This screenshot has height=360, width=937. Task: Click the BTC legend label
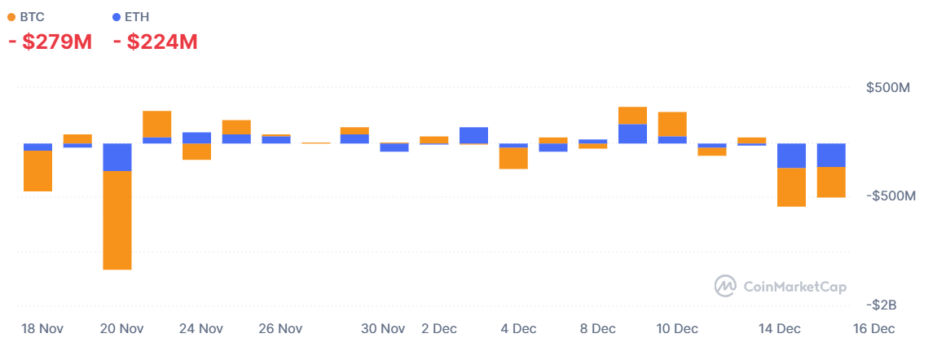[33, 16]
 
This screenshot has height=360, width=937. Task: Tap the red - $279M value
[50, 42]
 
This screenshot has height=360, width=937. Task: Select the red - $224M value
[156, 42]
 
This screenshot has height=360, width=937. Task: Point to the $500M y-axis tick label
[888, 88]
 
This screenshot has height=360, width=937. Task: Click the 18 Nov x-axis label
[42, 329]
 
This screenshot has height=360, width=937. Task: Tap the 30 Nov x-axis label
[383, 329]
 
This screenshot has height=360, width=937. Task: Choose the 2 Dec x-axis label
[439, 329]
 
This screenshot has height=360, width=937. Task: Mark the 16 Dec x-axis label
[873, 329]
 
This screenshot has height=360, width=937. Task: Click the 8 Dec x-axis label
[597, 329]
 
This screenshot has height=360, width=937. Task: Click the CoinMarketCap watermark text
[794, 287]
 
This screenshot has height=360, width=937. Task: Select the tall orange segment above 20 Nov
[117, 220]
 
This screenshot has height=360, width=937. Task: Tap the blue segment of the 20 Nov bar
[117, 157]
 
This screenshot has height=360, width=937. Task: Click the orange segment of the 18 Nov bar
[38, 171]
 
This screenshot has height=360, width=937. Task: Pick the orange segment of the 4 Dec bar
[513, 158]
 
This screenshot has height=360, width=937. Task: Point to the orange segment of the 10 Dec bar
[672, 124]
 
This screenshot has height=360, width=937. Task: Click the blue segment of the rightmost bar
[831, 155]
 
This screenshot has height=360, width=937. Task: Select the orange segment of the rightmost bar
[831, 182]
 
